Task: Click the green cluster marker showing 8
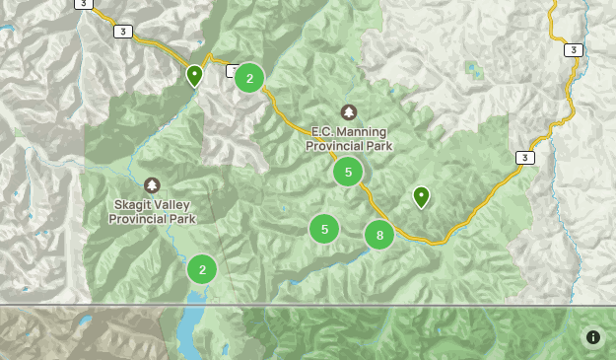(x=379, y=235)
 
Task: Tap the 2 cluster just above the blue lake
(x=202, y=268)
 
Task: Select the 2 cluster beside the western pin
(x=249, y=78)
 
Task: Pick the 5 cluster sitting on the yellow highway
(x=348, y=172)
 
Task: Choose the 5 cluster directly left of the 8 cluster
(x=324, y=229)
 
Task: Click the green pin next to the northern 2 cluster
(x=194, y=75)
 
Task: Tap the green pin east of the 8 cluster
(x=421, y=197)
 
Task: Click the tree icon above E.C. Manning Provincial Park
(x=348, y=112)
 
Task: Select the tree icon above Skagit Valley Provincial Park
(x=152, y=185)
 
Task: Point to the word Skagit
(x=134, y=204)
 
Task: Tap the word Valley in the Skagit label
(x=174, y=204)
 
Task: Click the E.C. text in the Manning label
(x=324, y=131)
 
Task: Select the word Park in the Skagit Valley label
(x=180, y=219)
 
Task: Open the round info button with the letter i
(x=593, y=337)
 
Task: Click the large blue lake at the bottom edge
(x=190, y=325)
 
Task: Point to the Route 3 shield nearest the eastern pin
(x=525, y=158)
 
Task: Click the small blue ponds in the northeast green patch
(x=476, y=70)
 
